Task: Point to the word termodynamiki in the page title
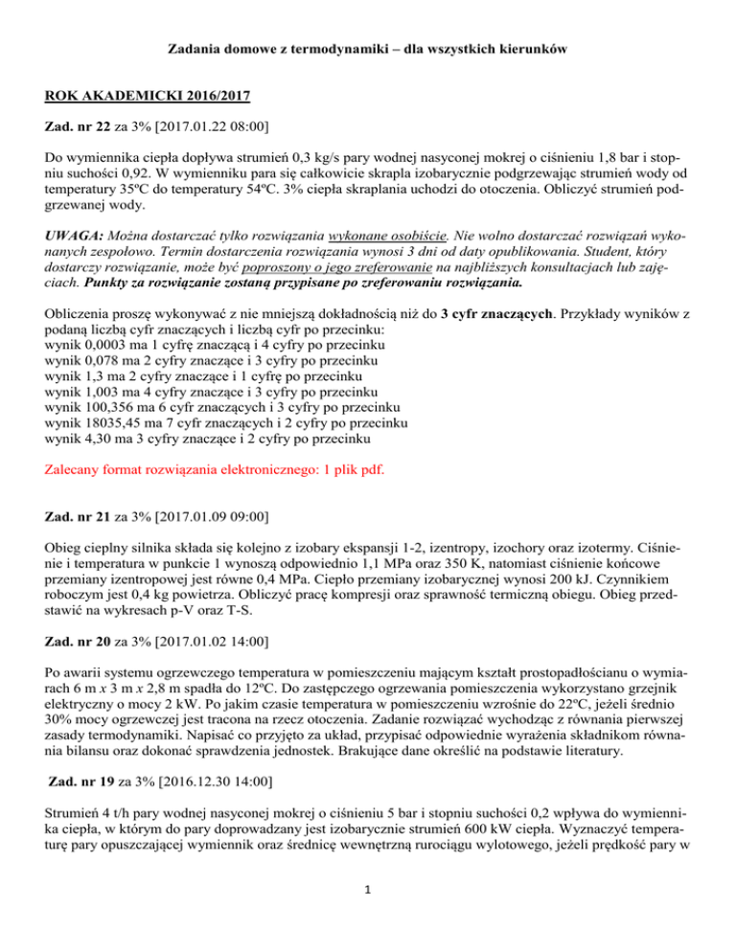point(335,45)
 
